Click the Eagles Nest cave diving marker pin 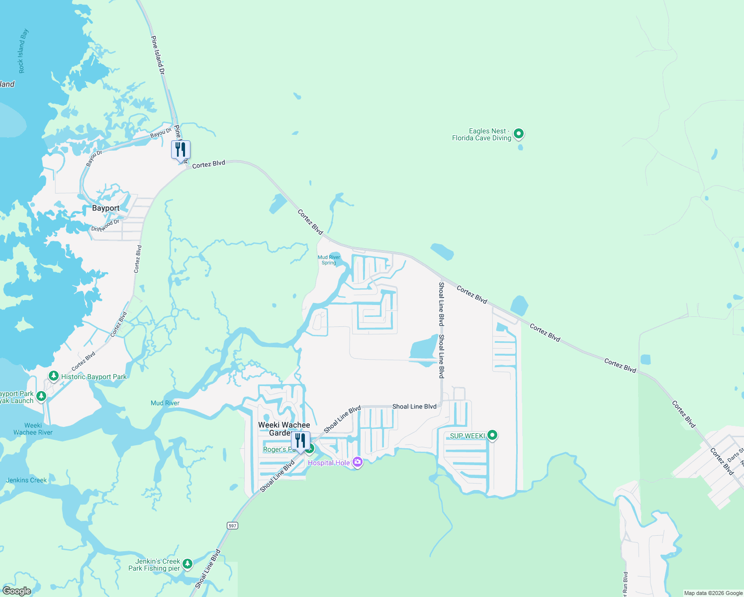[519, 133]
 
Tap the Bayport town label [105, 208]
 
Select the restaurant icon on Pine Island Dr [181, 149]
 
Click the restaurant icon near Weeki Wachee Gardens [300, 440]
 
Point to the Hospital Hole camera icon [357, 462]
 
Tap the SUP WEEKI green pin [492, 435]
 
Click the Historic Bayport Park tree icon [54, 376]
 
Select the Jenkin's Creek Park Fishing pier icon [187, 564]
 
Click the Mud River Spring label [329, 260]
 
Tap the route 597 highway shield [232, 525]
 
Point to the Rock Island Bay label [23, 51]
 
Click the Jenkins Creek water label [26, 480]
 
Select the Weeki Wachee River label [33, 429]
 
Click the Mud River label [165, 403]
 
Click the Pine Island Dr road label [158, 55]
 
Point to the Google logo [17, 591]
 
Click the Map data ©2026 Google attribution [713, 593]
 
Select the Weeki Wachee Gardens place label [283, 428]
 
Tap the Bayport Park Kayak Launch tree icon [41, 396]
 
